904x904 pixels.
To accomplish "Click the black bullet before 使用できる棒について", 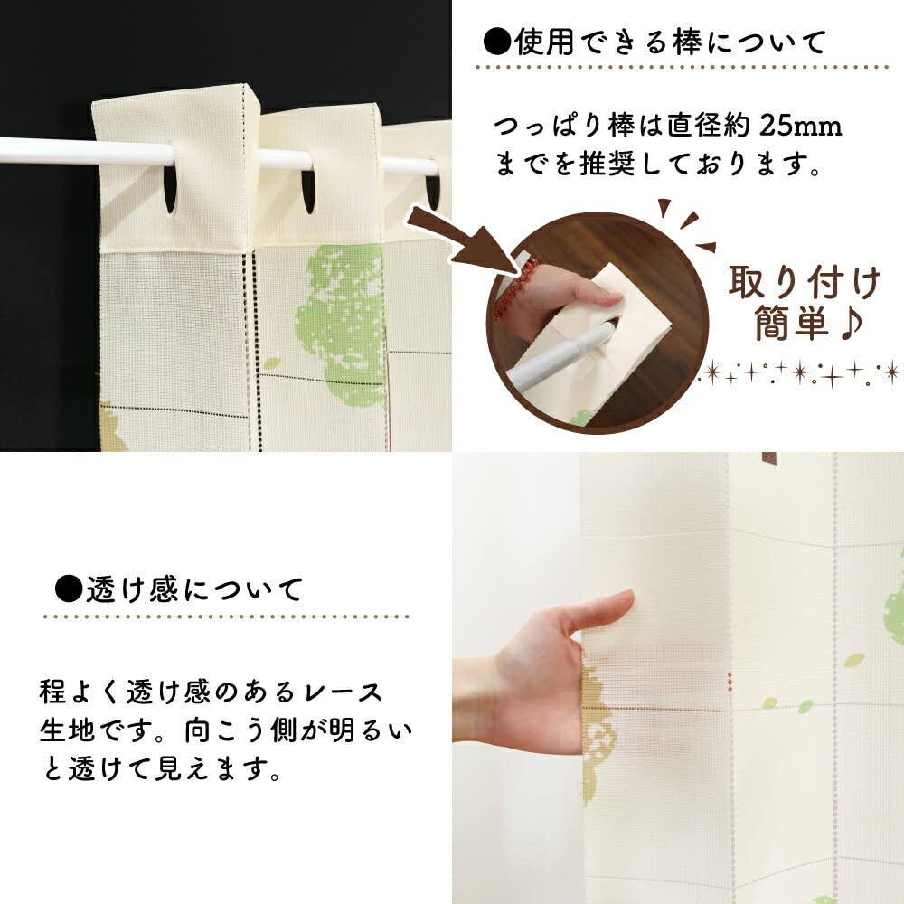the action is (x=497, y=42).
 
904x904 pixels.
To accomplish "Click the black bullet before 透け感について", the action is (x=70, y=589).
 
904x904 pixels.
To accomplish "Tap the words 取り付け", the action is (x=805, y=282).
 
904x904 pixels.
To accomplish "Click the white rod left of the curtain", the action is (x=47, y=151).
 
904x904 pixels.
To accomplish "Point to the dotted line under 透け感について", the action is (x=226, y=617).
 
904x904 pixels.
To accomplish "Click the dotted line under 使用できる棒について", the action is (x=682, y=68).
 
